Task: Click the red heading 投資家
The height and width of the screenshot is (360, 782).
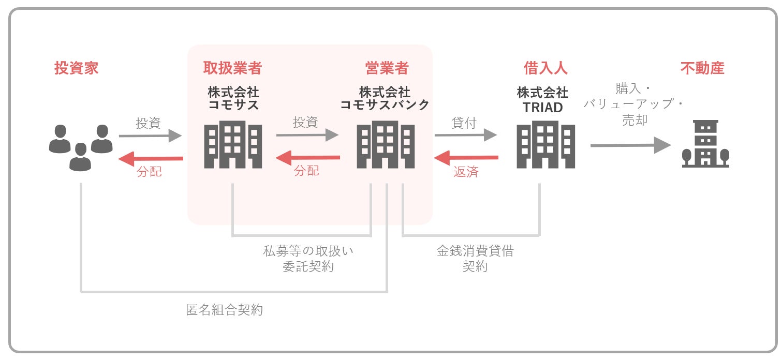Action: point(76,68)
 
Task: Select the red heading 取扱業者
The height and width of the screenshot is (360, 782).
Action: point(232,68)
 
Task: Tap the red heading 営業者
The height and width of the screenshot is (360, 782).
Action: point(387,68)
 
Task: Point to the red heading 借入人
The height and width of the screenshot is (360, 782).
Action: point(545,68)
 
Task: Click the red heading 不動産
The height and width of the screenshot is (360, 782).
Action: point(702,68)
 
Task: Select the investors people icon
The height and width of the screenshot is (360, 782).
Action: point(81,146)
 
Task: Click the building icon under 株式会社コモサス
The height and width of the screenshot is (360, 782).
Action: point(233,144)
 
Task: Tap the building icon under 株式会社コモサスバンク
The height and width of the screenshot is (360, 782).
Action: point(386,144)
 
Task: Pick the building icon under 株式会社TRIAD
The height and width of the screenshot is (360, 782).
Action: point(545,144)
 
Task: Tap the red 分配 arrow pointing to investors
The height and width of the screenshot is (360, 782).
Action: point(150,158)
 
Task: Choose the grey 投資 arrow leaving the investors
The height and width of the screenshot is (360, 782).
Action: point(150,136)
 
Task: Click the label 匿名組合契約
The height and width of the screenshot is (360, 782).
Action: point(224,310)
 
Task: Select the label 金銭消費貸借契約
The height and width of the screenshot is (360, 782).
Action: point(475,259)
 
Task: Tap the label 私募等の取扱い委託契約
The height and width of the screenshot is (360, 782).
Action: point(308,259)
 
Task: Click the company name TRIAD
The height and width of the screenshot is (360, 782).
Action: point(542,108)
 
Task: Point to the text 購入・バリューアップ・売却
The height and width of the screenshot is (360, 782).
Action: point(635,103)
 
